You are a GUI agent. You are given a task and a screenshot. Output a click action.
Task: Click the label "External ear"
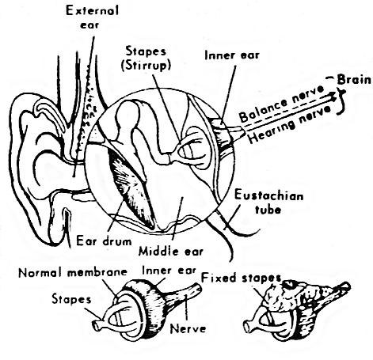(92, 17)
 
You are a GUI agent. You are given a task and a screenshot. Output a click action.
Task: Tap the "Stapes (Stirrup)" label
(146, 58)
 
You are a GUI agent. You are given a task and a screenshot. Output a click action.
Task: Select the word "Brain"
(354, 80)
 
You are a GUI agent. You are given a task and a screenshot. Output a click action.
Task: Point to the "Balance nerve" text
(281, 104)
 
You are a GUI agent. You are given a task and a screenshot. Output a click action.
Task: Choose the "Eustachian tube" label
(268, 203)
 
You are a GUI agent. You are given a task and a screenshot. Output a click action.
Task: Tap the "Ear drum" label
(104, 241)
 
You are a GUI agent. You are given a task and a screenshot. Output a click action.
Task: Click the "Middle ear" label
(171, 251)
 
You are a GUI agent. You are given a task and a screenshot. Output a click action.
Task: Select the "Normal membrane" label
(73, 272)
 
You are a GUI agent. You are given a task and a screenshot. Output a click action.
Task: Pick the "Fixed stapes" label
(241, 278)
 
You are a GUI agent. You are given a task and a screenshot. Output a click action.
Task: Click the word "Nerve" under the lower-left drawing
(188, 329)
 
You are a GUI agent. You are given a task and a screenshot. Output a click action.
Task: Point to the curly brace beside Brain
(342, 102)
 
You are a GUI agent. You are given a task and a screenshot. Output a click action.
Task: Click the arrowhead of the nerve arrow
(333, 97)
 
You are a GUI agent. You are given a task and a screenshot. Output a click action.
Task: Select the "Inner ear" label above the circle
(232, 55)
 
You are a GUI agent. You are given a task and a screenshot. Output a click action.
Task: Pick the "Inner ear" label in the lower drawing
(169, 271)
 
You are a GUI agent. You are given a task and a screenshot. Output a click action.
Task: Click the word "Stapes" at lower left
(71, 299)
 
